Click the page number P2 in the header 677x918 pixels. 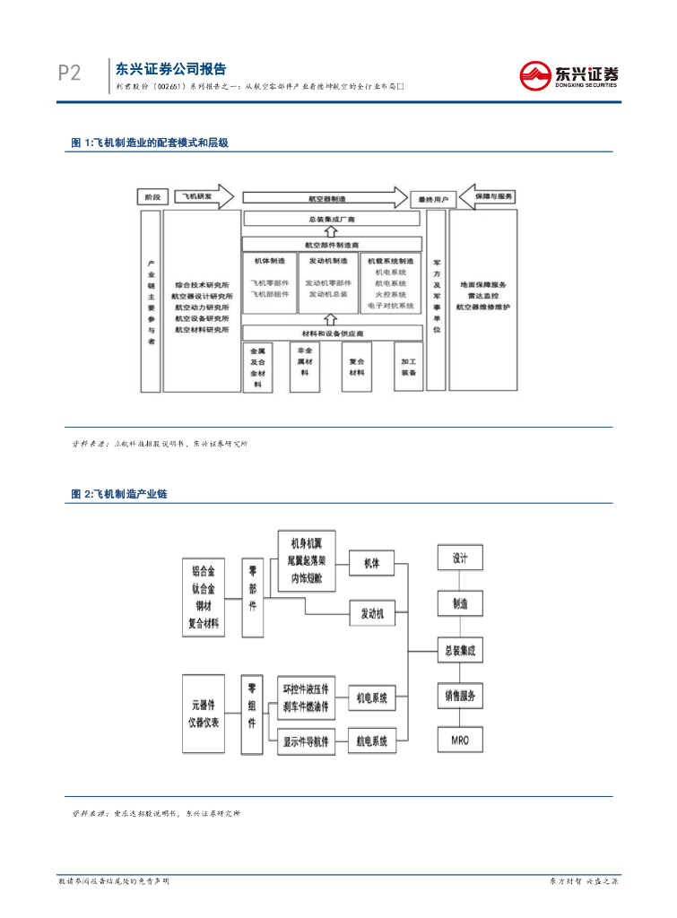[x=69, y=74]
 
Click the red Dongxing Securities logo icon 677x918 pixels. [x=535, y=74]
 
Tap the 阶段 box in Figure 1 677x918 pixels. [x=152, y=196]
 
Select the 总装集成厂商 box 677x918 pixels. [x=332, y=219]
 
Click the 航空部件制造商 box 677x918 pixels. [x=332, y=243]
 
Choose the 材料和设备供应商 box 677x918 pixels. [x=332, y=333]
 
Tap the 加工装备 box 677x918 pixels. [x=408, y=367]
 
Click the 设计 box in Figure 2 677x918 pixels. [x=461, y=558]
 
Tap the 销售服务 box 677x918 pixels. [x=461, y=695]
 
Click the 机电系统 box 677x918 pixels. [x=372, y=697]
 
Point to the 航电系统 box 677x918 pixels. [x=372, y=740]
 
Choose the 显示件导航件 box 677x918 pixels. [x=305, y=740]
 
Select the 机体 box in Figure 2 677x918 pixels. [x=372, y=564]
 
